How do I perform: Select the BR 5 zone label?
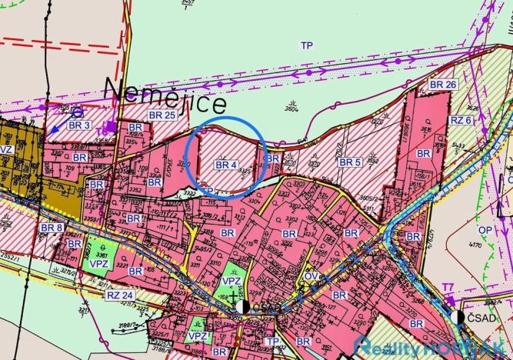[x=349, y=162]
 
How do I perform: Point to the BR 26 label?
[x=442, y=84]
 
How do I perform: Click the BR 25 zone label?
[x=163, y=115]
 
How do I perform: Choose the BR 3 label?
[x=79, y=125]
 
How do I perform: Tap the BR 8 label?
[x=52, y=228]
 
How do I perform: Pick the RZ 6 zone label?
[x=461, y=121]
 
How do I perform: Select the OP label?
[x=485, y=229]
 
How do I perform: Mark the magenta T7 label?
[x=448, y=290]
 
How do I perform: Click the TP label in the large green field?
[x=307, y=45]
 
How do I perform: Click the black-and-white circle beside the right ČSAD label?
[x=460, y=318]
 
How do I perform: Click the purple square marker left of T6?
[x=112, y=126]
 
